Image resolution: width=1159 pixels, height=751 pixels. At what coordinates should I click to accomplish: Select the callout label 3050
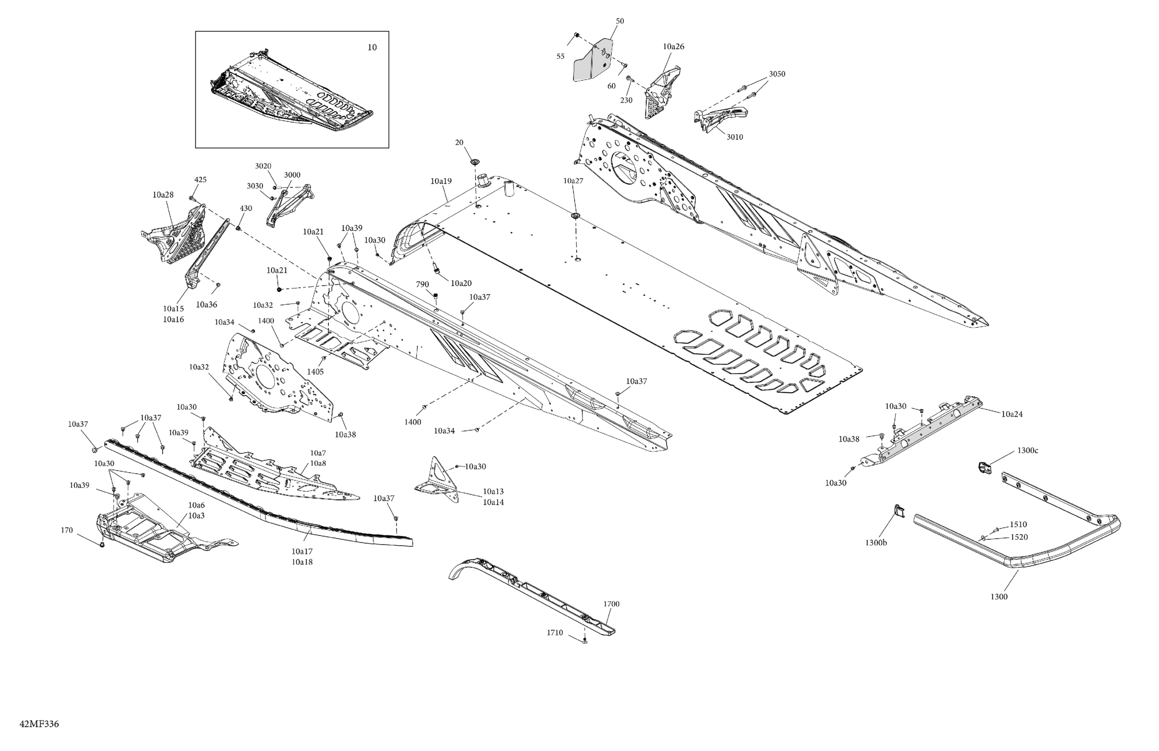pos(777,74)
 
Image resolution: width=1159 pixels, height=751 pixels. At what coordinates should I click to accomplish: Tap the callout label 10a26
pos(673,47)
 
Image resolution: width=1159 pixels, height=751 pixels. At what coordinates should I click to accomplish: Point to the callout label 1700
pos(611,604)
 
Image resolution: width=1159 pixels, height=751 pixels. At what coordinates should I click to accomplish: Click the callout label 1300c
pos(1028,451)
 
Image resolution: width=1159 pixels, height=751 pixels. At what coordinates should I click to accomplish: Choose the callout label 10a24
pos(1012,414)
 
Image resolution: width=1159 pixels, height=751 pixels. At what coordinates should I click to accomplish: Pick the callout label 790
pos(422,285)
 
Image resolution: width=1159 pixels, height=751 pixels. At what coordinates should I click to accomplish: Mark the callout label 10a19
pos(441,181)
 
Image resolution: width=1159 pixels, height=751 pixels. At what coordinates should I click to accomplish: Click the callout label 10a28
pos(163,195)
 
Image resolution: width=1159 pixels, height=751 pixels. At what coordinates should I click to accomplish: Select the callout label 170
pos(67,530)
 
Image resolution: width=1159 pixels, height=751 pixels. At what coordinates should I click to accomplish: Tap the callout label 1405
pos(315,372)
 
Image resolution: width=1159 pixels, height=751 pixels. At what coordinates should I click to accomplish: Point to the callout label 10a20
pos(461,283)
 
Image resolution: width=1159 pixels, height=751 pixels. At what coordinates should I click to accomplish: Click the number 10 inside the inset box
pos(372,47)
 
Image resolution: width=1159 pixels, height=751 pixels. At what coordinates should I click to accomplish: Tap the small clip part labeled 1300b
pos(900,512)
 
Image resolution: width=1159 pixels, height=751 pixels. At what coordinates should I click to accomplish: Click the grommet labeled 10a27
pos(576,215)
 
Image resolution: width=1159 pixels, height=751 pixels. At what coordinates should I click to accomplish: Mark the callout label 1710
pos(555,633)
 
